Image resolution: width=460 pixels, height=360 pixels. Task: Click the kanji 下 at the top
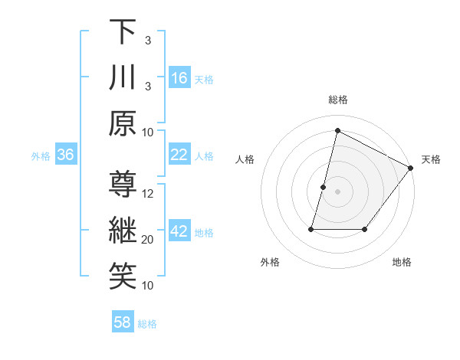[123, 32]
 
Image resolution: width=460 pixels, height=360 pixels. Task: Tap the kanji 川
[123, 78]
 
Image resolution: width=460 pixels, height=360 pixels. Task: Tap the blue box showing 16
[179, 78]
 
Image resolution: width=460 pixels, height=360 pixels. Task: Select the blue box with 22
[179, 155]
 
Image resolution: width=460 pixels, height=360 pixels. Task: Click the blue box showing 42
[179, 231]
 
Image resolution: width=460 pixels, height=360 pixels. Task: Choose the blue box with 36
[66, 155]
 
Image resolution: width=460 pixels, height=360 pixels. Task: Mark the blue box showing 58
[123, 322]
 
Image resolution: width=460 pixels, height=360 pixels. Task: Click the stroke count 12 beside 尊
[149, 194]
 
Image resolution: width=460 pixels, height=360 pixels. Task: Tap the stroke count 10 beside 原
[149, 133]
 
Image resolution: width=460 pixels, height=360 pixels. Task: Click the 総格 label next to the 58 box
[147, 324]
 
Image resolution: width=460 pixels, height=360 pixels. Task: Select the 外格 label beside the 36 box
[41, 156]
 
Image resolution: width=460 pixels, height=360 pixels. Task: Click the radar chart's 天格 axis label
[431, 159]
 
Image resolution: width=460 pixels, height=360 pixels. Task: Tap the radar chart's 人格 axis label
[245, 159]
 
